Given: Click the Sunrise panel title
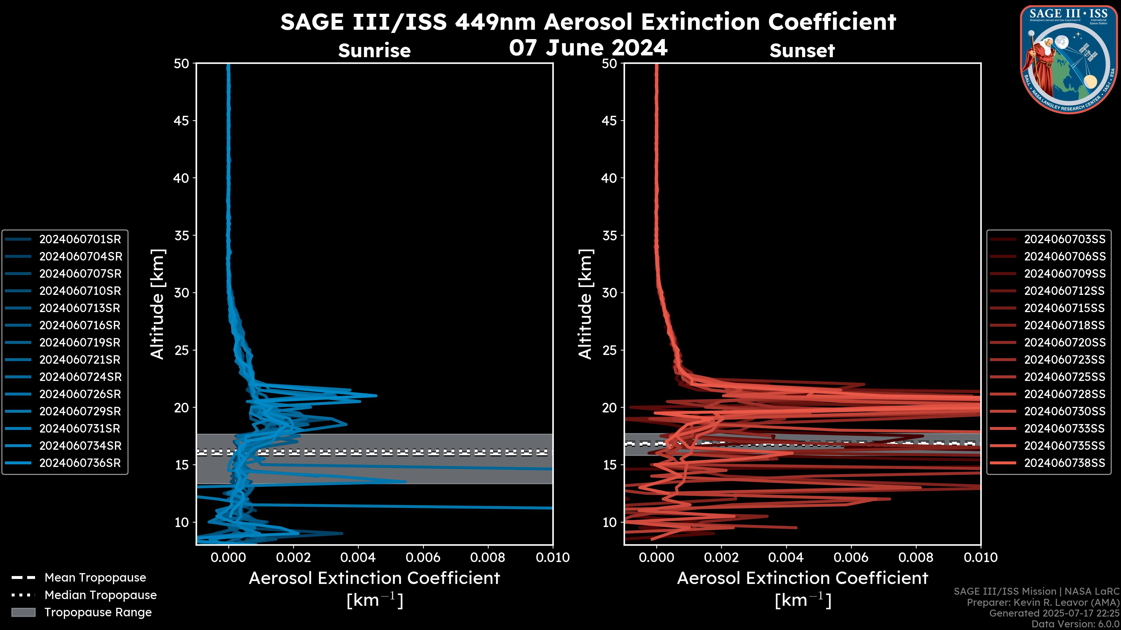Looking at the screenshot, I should click(374, 51).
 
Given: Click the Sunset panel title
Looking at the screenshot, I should click(802, 51).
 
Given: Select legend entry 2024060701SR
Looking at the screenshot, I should click(80, 239).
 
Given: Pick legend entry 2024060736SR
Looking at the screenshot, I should click(80, 463).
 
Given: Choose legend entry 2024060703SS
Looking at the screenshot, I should click(1064, 239).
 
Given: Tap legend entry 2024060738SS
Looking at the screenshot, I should click(1064, 463).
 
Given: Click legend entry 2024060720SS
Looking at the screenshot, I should click(1064, 343).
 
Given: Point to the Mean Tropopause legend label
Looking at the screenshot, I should click(95, 578).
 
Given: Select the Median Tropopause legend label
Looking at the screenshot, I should click(100, 595).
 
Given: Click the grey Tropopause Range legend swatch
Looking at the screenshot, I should click(23, 612).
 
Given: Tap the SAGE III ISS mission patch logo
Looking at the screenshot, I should click(1068, 59).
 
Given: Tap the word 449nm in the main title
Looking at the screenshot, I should click(495, 22).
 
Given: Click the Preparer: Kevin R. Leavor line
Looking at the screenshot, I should click(1043, 603).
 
